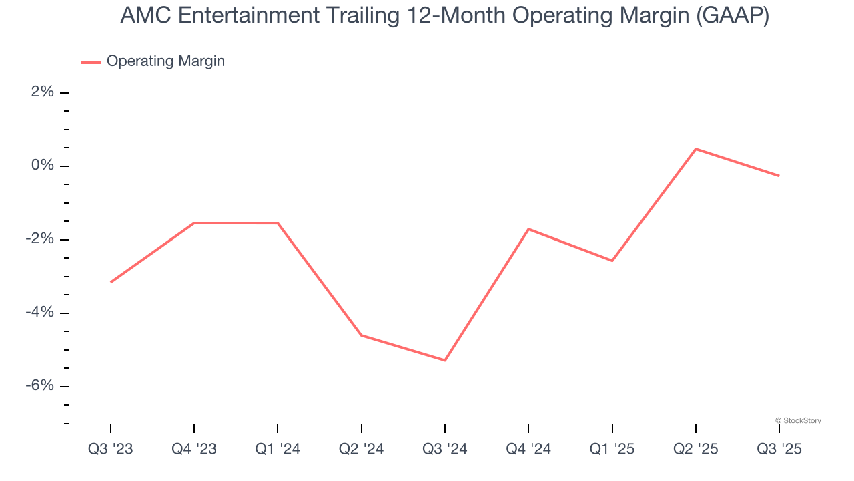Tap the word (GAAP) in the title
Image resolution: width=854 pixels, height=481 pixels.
pyautogui.click(x=732, y=17)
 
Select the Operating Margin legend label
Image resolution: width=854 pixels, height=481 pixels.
pyautogui.click(x=165, y=61)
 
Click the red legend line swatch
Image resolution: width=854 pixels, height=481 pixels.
pyautogui.click(x=91, y=62)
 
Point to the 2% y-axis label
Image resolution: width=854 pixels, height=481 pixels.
pyautogui.click(x=42, y=92)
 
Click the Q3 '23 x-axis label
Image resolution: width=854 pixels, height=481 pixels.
pyautogui.click(x=111, y=449)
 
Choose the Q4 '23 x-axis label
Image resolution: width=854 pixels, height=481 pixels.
pyautogui.click(x=194, y=449)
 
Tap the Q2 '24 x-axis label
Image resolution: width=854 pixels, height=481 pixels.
pyautogui.click(x=362, y=449)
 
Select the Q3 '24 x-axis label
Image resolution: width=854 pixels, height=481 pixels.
pyautogui.click(x=445, y=449)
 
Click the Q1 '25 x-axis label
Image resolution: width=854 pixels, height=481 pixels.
pyautogui.click(x=612, y=449)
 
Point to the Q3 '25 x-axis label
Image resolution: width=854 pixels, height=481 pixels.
pyautogui.click(x=779, y=449)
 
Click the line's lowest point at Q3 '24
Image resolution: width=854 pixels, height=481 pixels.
pyautogui.click(x=445, y=361)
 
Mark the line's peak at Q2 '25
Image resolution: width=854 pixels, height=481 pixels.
pyautogui.click(x=696, y=149)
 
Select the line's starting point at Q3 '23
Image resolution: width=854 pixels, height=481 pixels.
pyautogui.click(x=111, y=282)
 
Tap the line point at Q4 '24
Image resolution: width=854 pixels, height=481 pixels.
pyautogui.click(x=528, y=229)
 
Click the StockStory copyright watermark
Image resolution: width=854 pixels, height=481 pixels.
pyautogui.click(x=798, y=420)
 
